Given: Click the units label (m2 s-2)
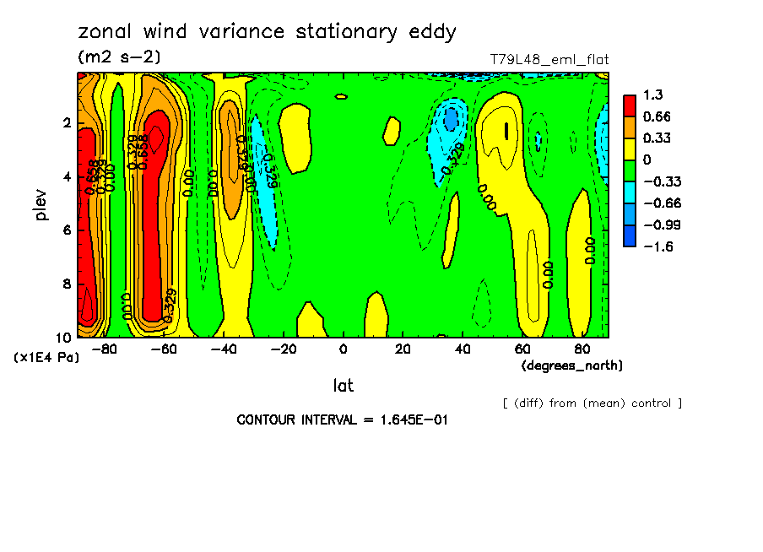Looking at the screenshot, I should (119, 57).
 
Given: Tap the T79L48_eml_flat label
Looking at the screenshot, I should (549, 60).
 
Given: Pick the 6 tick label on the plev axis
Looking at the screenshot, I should (66, 230).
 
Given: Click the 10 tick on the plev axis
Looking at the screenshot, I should (63, 337).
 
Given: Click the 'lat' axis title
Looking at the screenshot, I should (343, 386).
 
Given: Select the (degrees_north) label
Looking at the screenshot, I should (572, 365).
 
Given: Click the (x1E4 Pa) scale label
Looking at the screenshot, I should (46, 358).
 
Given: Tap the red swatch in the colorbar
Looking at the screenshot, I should (630, 105).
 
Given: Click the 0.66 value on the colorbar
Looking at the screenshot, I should (657, 116).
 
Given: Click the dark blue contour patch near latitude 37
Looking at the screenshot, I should (452, 119).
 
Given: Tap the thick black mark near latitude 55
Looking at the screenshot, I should (506, 131).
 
